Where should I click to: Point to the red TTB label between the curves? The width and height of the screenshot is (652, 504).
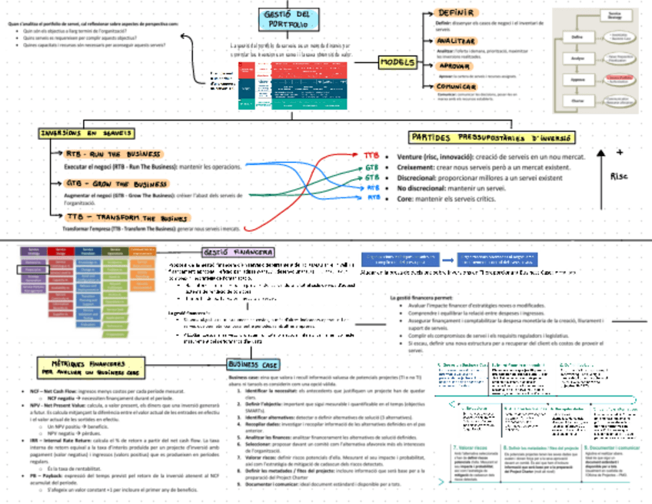point(371,156)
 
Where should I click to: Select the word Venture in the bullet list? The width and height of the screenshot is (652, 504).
point(414,157)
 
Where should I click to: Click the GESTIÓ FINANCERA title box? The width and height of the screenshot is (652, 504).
point(237,253)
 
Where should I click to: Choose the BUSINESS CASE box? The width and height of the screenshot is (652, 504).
point(253,364)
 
